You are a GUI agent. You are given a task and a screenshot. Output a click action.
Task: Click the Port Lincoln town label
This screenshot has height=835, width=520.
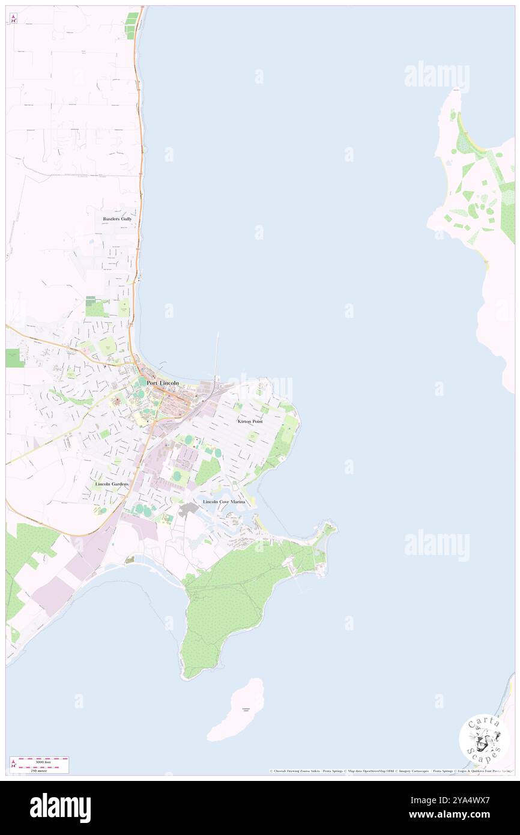[x=163, y=383]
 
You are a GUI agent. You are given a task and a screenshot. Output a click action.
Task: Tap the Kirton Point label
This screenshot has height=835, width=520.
[x=250, y=422]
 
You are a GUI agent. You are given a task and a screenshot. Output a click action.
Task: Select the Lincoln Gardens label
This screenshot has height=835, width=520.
[x=112, y=484]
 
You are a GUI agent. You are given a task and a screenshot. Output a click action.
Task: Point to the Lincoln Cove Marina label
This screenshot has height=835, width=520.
[x=224, y=501]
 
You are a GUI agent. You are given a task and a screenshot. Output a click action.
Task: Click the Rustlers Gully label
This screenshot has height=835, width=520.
[x=117, y=219]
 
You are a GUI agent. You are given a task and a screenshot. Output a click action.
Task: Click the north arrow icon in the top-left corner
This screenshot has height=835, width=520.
[x=13, y=19]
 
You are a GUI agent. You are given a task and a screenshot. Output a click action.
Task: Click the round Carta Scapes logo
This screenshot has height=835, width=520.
[x=484, y=738]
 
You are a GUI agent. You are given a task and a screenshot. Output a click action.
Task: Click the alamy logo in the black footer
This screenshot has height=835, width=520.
[x=60, y=807]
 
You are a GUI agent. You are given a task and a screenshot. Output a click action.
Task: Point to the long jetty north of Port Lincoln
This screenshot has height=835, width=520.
[x=217, y=354]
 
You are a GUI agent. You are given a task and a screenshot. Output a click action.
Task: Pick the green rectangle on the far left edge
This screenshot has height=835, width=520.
[x=14, y=358]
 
